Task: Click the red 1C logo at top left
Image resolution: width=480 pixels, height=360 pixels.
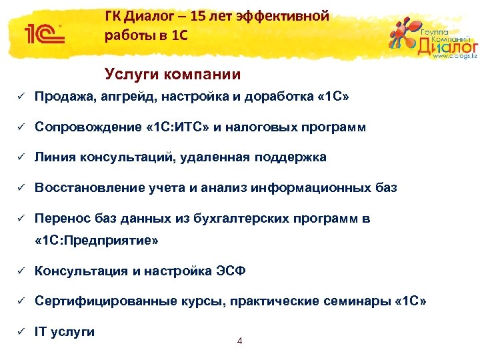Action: pyautogui.click(x=43, y=33)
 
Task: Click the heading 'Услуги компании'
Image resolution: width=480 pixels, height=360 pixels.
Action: pyautogui.click(x=173, y=75)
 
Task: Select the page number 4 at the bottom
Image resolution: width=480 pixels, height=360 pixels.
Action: pyautogui.click(x=240, y=341)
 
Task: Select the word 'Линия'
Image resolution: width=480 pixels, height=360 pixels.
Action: pyautogui.click(x=55, y=157)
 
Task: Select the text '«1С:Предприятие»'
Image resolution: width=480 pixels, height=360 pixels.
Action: pyautogui.click(x=97, y=241)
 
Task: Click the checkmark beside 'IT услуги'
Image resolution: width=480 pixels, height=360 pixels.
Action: pyautogui.click(x=21, y=331)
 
